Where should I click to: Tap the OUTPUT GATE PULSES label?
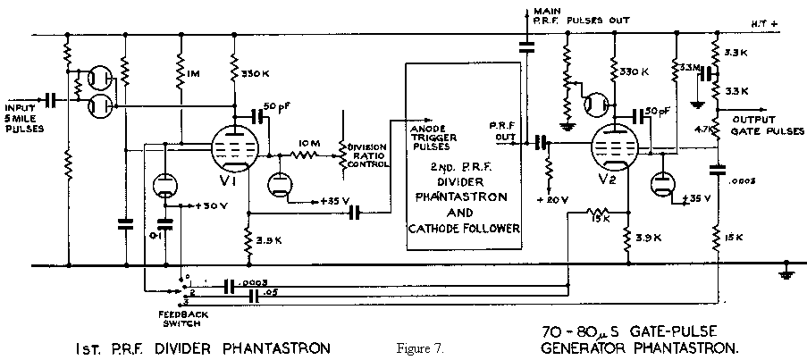pos(760,125)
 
